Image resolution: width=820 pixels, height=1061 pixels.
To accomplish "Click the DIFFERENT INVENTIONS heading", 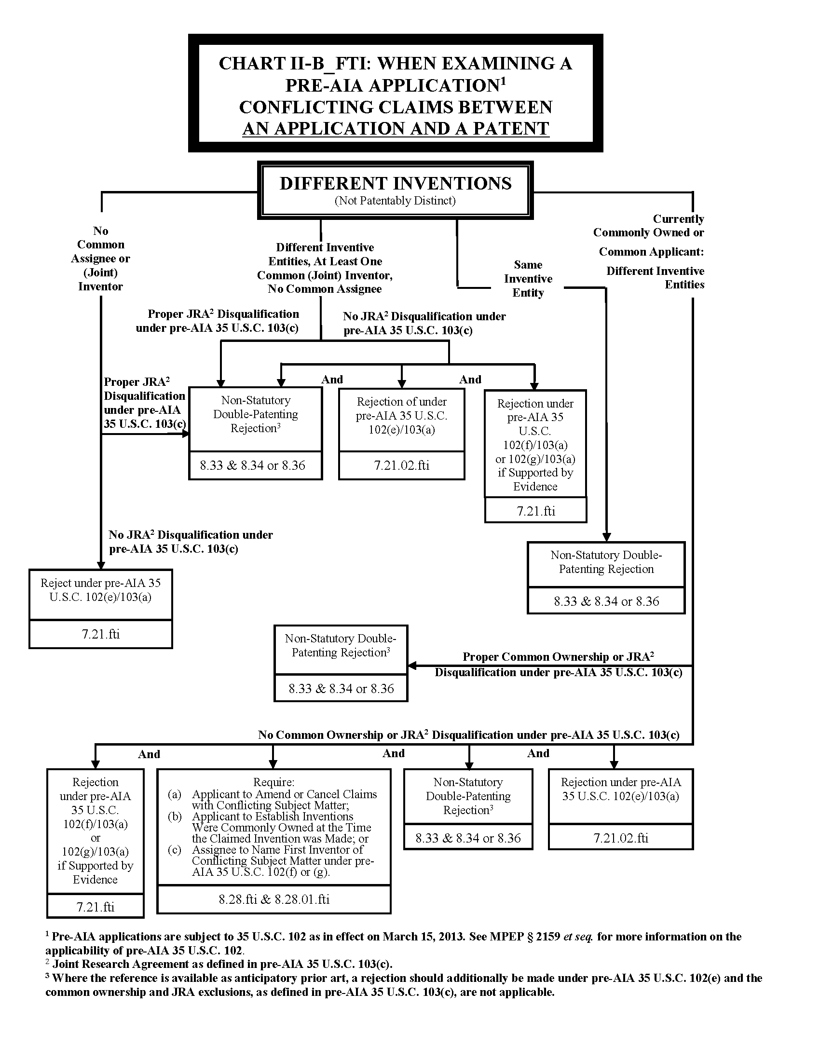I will (396, 184).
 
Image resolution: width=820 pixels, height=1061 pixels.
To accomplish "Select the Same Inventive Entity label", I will (528, 279).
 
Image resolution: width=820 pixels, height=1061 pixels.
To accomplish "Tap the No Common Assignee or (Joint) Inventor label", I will (100, 258).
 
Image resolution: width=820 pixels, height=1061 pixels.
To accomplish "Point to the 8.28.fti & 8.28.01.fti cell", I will (274, 899).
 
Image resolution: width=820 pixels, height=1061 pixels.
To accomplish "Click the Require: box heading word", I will (273, 782).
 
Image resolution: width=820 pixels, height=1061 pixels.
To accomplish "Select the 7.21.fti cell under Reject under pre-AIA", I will (100, 634).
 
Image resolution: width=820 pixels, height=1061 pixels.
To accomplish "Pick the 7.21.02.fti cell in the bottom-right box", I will (620, 838).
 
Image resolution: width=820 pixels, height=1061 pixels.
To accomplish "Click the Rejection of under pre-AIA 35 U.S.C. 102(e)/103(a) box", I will (401, 416).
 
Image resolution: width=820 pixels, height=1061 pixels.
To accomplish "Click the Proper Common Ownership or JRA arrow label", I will (558, 657).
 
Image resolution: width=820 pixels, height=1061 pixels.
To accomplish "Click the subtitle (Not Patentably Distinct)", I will (395, 201).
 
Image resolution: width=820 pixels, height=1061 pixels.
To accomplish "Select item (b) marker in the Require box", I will (175, 816).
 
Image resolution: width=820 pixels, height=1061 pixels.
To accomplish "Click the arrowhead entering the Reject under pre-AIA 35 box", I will (100, 565).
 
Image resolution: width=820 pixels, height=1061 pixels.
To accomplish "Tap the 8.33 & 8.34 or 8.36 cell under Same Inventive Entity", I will (606, 601).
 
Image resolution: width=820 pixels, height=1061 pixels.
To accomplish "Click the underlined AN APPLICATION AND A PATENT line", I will (396, 129).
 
